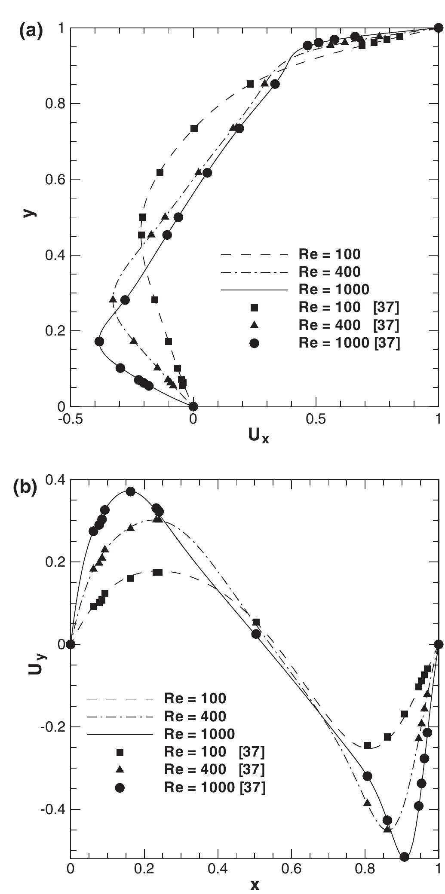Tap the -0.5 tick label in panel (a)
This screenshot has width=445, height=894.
(x=70, y=419)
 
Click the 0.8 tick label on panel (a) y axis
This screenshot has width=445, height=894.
(x=55, y=104)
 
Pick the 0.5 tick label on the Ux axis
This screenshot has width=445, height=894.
(x=316, y=419)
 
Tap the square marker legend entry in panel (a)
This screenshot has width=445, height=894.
(x=254, y=308)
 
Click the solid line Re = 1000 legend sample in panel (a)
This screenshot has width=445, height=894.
(x=254, y=290)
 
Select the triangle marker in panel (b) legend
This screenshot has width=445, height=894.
(x=120, y=770)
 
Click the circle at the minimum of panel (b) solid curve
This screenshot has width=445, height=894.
(x=404, y=857)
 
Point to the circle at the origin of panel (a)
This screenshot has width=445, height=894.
(x=193, y=406)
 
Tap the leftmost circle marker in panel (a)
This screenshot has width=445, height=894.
(x=99, y=342)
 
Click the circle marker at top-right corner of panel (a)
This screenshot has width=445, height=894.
(x=438, y=28)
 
